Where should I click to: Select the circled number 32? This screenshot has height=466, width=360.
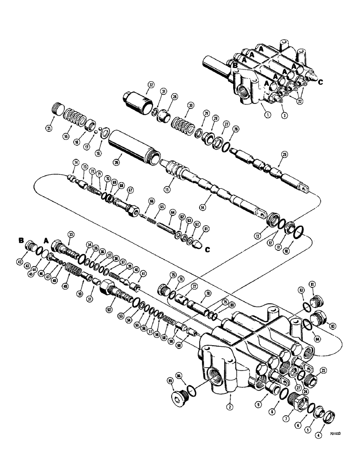(151, 85)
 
